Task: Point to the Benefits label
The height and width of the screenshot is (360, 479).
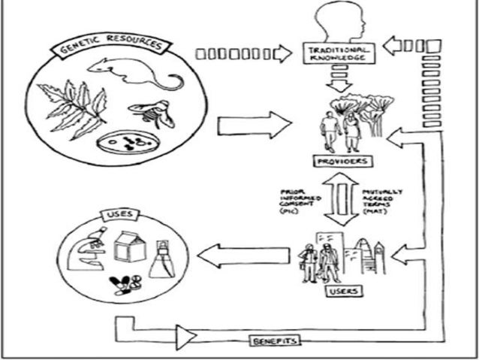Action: pyautogui.click(x=275, y=341)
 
